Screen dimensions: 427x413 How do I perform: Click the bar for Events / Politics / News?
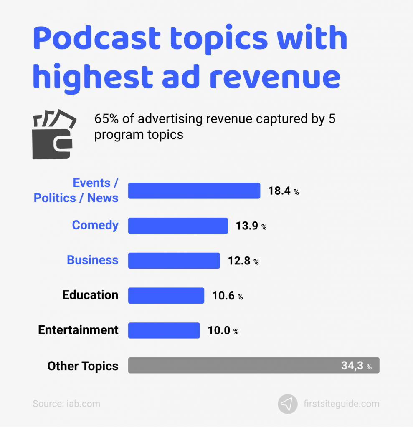click(x=194, y=191)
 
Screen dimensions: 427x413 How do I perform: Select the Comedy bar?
click(x=178, y=226)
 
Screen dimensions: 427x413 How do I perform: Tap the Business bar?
click(x=174, y=261)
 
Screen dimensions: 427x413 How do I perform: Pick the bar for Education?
click(x=166, y=295)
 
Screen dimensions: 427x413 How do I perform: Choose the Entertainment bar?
click(x=164, y=330)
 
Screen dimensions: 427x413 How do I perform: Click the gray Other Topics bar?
click(x=253, y=365)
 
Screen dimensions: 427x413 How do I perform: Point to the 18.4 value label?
click(x=283, y=191)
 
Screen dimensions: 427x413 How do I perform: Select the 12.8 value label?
click(x=243, y=261)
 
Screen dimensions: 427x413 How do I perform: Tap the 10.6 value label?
click(x=227, y=296)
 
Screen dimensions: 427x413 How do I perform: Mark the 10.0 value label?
click(x=223, y=331)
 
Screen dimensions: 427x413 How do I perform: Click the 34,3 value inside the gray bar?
click(x=356, y=366)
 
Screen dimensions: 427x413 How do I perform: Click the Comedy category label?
click(x=95, y=225)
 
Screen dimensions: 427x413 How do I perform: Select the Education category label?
click(x=90, y=295)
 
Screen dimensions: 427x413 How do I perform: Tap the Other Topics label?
click(x=83, y=366)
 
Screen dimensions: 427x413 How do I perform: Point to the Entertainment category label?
click(x=78, y=330)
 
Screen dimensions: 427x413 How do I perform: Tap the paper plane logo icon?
click(x=287, y=404)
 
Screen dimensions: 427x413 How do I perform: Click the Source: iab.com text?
click(x=66, y=404)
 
